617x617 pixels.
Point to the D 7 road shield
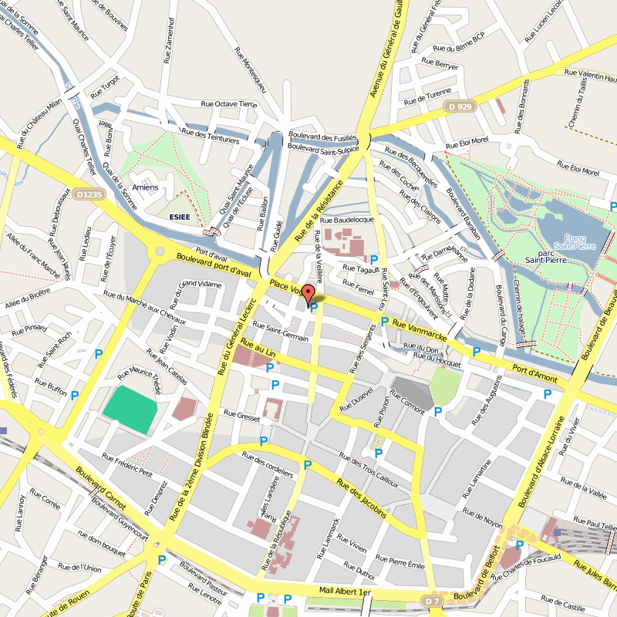tap(432, 600)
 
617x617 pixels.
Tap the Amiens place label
tap(145, 187)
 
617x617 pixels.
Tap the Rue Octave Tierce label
tap(228, 103)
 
